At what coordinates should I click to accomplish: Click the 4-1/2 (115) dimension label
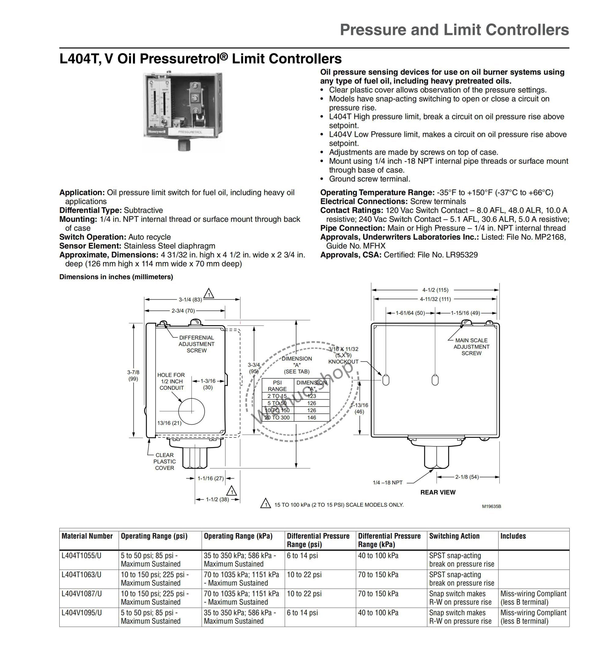click(x=435, y=290)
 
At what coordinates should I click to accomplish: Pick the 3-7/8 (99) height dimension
click(x=133, y=375)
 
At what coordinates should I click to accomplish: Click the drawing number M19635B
click(x=491, y=506)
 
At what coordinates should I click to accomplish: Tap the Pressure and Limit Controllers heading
click(x=454, y=30)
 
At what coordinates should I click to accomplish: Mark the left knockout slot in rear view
click(x=386, y=380)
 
